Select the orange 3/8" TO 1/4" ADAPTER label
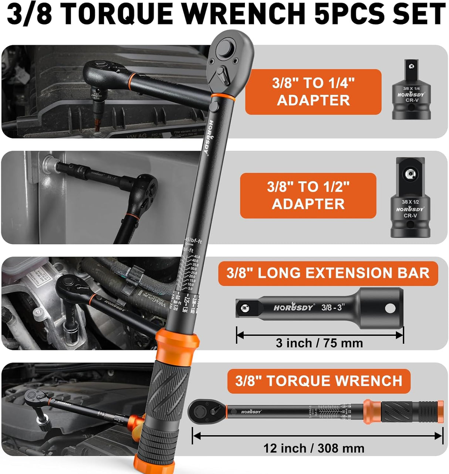(313, 92)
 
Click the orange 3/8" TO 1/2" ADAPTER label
(308, 195)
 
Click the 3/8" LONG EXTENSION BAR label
(328, 273)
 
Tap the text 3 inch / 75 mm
(319, 343)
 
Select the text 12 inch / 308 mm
(314, 449)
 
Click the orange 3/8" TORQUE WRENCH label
(318, 381)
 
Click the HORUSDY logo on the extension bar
(294, 307)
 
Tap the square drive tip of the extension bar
(244, 308)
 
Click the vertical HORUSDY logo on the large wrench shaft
(210, 137)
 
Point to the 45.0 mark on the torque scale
(196, 257)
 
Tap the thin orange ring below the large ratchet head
(223, 97)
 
